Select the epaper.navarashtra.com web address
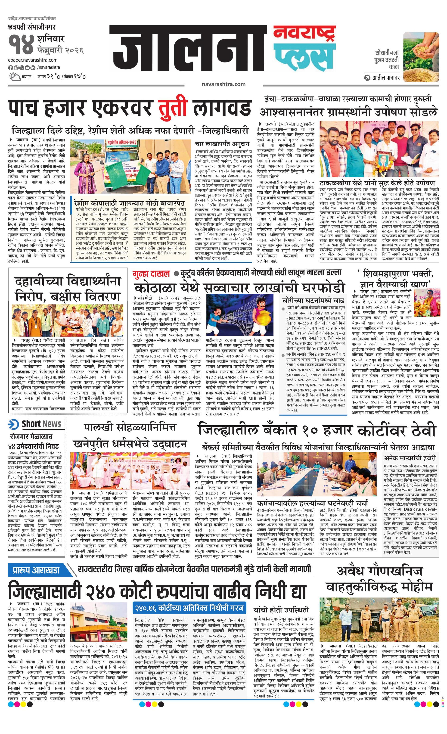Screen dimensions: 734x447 point(33,60)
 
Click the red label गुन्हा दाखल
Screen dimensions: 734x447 point(152,273)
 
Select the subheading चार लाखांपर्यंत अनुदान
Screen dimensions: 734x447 point(222,144)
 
